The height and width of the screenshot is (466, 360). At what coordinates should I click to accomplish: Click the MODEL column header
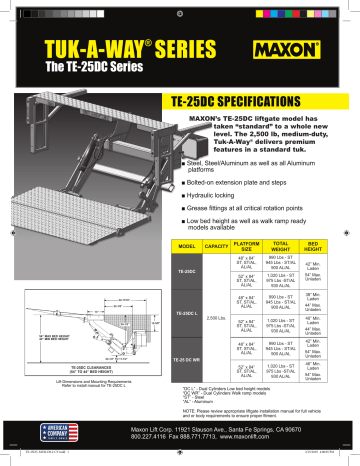click(186, 245)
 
